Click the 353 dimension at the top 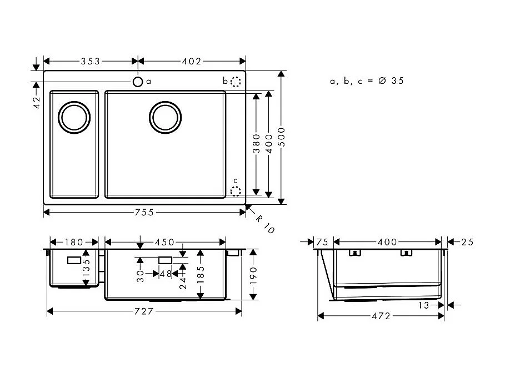(90, 61)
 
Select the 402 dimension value (191, 61)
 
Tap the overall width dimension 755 (145, 212)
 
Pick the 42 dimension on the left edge (37, 102)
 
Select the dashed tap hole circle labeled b (236, 82)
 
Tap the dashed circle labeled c (236, 191)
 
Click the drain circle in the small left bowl (74, 118)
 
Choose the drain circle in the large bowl (165, 118)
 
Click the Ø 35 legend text (391, 81)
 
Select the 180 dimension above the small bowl (74, 242)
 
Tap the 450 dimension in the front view (165, 242)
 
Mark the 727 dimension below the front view (144, 311)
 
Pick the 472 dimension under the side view (381, 316)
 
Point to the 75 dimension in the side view (322, 242)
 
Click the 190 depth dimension (253, 274)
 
